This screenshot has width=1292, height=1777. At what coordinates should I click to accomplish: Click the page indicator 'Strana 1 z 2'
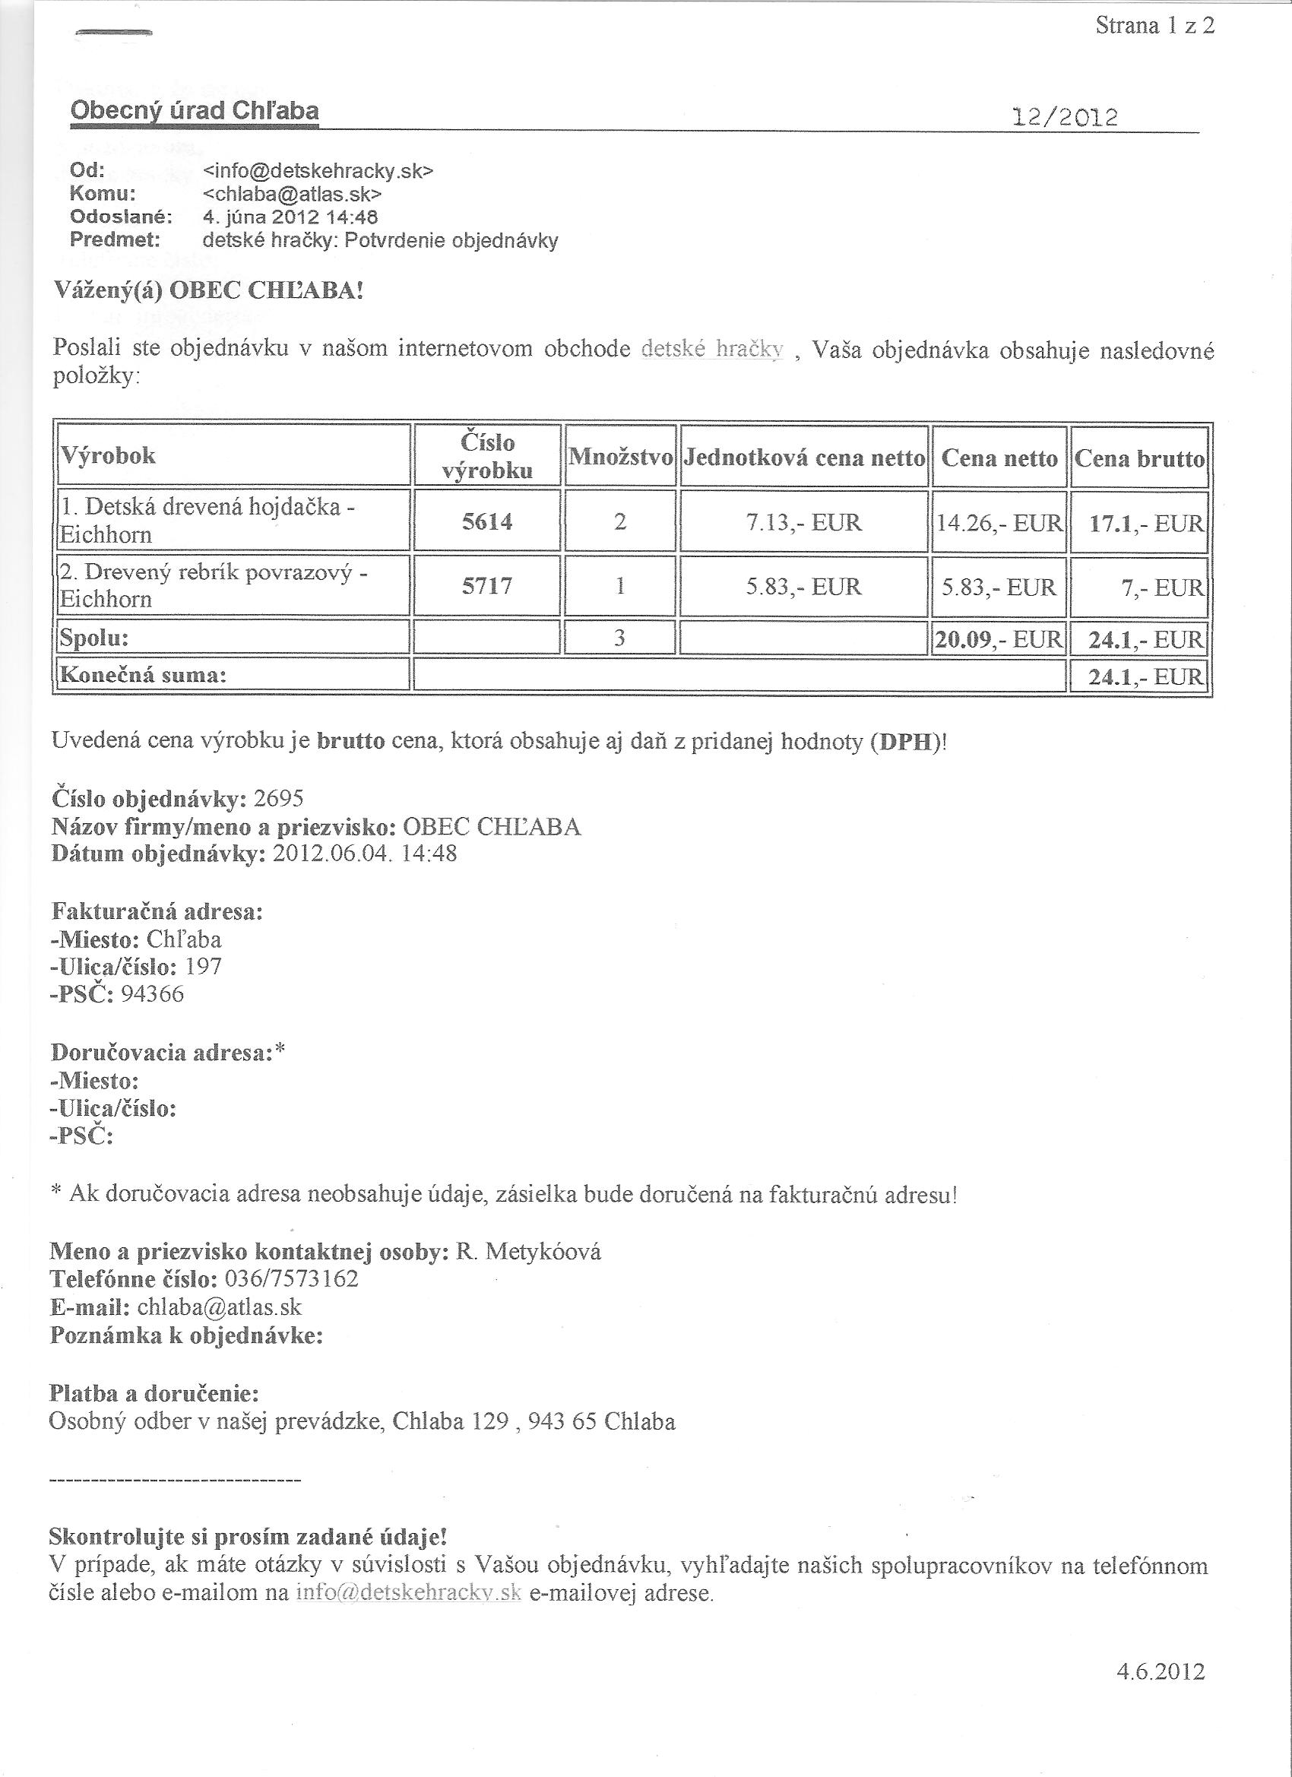(x=1154, y=27)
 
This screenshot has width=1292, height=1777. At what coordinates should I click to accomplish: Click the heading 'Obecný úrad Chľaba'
(x=195, y=111)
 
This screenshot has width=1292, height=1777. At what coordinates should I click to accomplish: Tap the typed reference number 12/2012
(x=1065, y=119)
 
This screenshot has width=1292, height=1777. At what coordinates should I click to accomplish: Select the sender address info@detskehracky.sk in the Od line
(x=318, y=171)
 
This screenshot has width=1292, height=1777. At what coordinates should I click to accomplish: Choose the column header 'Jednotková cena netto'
(x=804, y=458)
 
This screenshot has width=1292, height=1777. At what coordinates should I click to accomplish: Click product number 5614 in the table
(x=486, y=522)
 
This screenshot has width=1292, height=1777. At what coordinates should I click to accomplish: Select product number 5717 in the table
(x=486, y=586)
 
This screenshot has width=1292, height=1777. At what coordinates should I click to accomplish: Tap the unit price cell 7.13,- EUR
(x=804, y=522)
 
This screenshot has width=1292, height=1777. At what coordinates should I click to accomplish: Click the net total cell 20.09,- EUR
(x=998, y=639)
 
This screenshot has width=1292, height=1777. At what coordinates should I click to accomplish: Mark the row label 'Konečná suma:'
(x=144, y=675)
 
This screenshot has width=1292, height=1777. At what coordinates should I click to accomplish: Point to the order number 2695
(x=279, y=798)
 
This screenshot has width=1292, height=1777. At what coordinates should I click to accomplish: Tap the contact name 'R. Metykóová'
(x=528, y=1251)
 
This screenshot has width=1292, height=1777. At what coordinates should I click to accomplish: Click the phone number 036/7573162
(x=292, y=1278)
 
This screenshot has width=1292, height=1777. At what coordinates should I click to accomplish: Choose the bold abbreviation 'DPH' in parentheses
(x=908, y=741)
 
